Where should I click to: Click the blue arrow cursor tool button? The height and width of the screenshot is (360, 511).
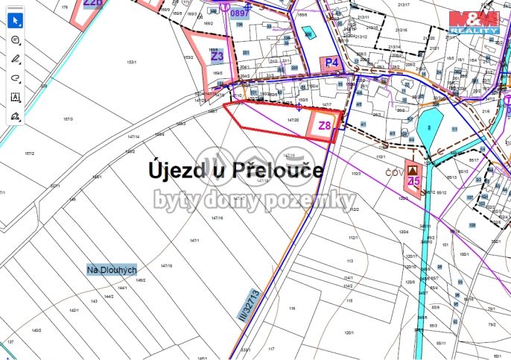(x=16, y=19)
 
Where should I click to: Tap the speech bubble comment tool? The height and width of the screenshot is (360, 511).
(x=16, y=40)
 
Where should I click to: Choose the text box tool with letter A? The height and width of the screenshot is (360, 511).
(x=16, y=98)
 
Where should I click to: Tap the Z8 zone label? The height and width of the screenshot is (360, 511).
(x=325, y=126)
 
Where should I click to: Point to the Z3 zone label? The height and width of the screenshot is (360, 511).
(x=217, y=56)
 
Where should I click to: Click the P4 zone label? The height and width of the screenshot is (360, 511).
(x=331, y=63)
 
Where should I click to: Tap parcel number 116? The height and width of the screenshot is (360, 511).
(x=292, y=307)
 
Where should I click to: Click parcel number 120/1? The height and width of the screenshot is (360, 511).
(x=349, y=332)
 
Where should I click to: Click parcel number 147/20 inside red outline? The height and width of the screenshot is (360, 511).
(x=293, y=119)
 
